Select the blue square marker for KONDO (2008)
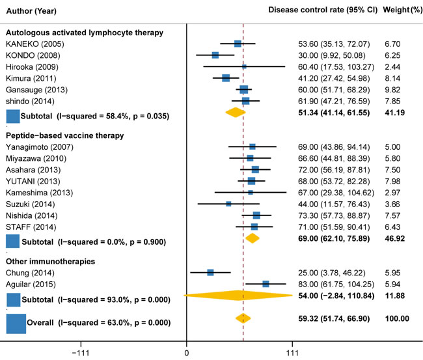pyautogui.click(x=215, y=55)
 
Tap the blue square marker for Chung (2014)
pyautogui.click(x=210, y=272)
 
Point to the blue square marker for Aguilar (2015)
pyautogui.click(x=266, y=284)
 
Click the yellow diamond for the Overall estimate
pyautogui.click(x=243, y=318)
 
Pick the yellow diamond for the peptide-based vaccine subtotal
pyautogui.click(x=252, y=238)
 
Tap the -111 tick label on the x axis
pyautogui.click(x=81, y=352)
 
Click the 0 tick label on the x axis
pyautogui.click(x=187, y=352)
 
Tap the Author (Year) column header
pyautogui.click(x=31, y=10)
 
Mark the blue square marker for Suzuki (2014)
pyautogui.click(x=228, y=204)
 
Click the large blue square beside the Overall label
pyautogui.click(x=16, y=323)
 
